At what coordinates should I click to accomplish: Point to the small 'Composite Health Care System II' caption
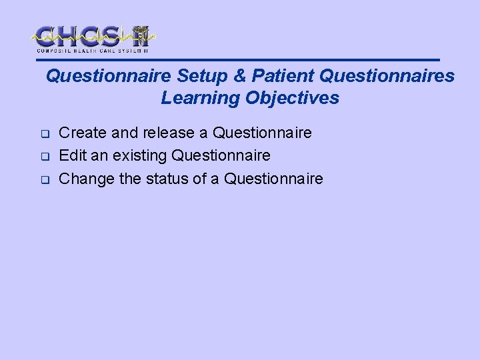[93, 51]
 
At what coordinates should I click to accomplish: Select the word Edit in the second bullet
[72, 155]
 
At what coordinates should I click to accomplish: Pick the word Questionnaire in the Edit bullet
[221, 155]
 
